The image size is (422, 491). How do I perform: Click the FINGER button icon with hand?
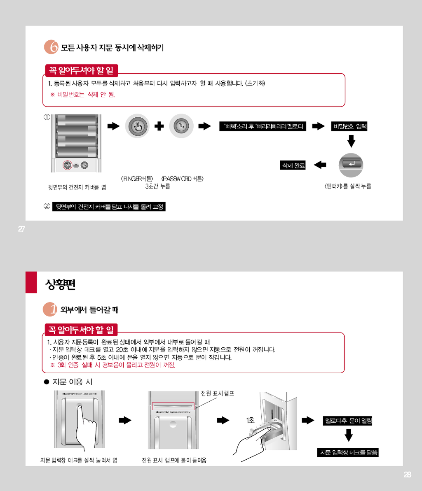point(138,126)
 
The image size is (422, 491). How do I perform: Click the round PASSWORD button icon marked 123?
point(181,126)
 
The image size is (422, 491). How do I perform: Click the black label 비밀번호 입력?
point(350,126)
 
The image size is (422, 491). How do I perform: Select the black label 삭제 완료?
point(293,165)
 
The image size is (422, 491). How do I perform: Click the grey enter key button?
point(351,165)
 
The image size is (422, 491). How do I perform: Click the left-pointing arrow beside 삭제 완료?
point(320,165)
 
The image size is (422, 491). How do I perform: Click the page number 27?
point(21,229)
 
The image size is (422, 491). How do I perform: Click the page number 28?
point(407,475)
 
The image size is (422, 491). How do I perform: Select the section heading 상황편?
point(60,285)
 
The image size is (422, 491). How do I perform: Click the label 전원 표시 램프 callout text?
point(217,393)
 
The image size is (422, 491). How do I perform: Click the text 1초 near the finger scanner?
point(250,420)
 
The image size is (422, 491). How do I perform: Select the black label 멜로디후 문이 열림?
point(348,421)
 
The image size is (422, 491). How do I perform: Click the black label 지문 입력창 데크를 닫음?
point(348,453)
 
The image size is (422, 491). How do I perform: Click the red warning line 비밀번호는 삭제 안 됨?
point(82,95)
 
